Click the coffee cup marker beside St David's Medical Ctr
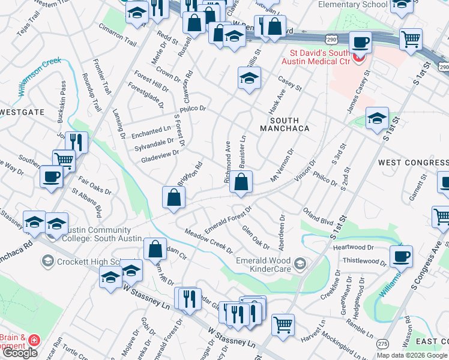click(x=360, y=43)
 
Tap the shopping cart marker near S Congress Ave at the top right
click(x=411, y=40)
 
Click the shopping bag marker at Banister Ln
click(x=241, y=182)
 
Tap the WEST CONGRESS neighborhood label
click(x=413, y=163)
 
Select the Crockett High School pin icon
click(x=47, y=261)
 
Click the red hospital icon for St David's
click(x=359, y=58)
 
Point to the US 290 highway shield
click(x=331, y=39)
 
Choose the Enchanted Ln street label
click(x=152, y=130)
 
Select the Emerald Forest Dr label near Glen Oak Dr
click(x=228, y=220)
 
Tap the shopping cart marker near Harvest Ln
click(x=283, y=325)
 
